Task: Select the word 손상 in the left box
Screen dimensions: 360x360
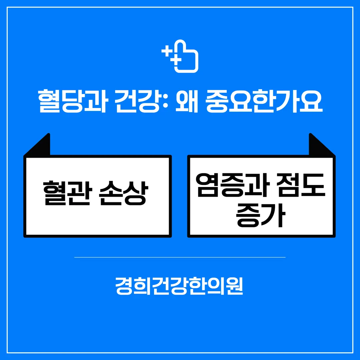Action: (x=123, y=193)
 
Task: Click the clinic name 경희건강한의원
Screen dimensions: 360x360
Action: (x=179, y=286)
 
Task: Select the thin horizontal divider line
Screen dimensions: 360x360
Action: (x=180, y=257)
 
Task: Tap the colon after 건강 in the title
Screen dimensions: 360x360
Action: (x=166, y=101)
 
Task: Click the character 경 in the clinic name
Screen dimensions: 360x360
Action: (x=124, y=286)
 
